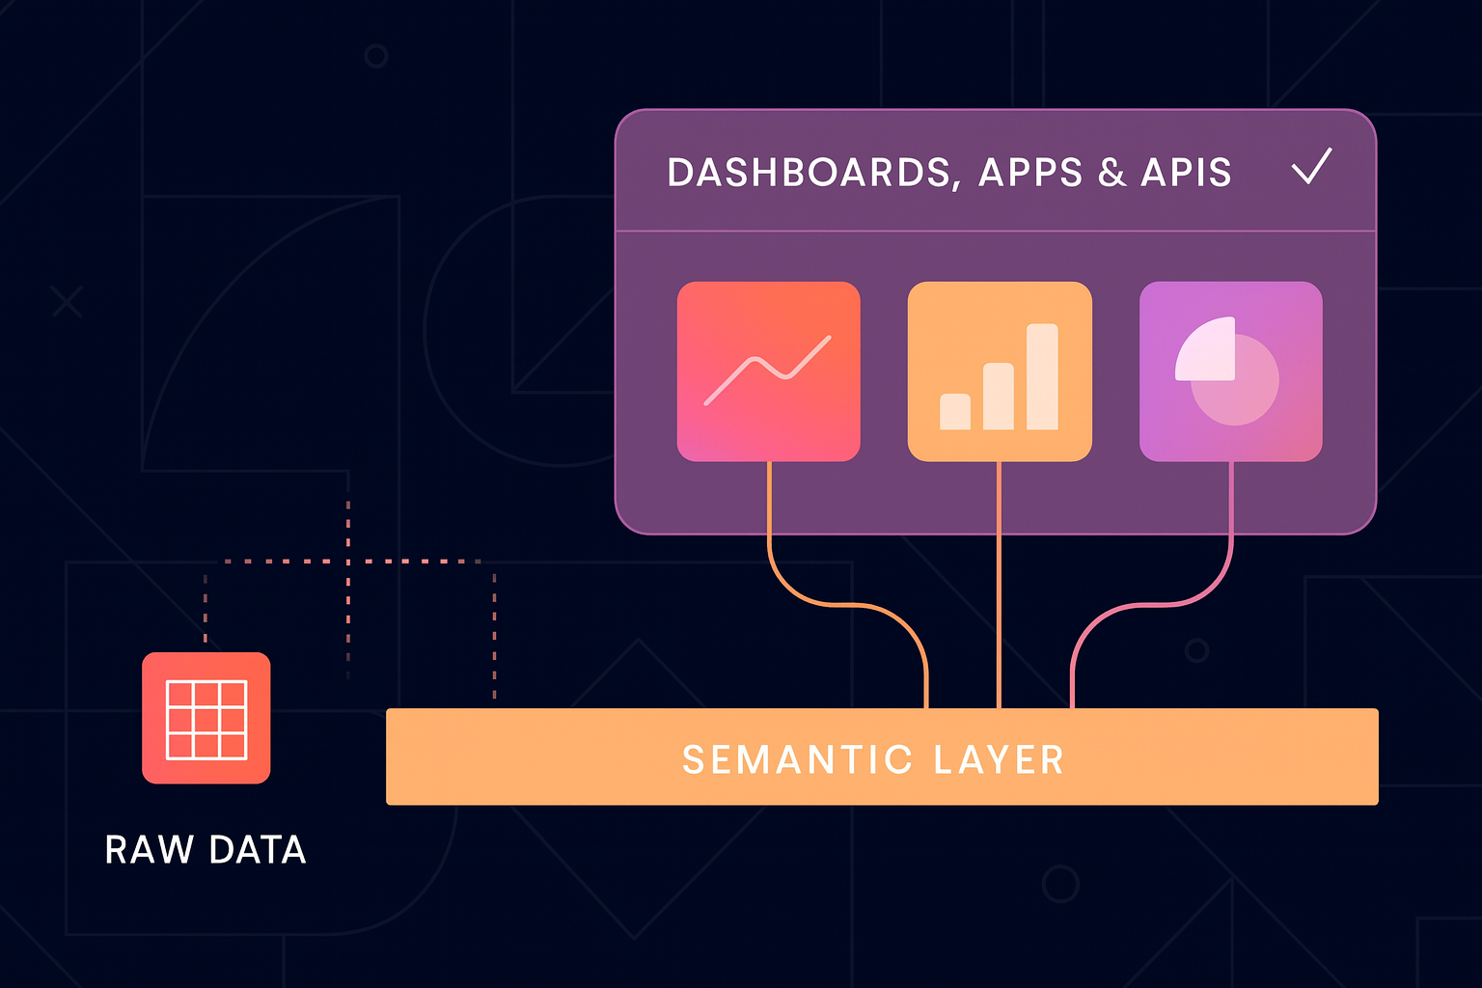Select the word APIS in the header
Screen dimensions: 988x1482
1186,173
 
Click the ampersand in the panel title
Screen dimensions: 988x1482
1111,173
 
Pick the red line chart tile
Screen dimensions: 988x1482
768,371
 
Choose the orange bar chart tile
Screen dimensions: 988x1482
1000,371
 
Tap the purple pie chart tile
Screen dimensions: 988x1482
1230,371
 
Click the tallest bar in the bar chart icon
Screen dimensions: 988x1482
1042,376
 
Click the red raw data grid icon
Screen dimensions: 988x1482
206,718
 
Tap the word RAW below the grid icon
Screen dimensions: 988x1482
149,850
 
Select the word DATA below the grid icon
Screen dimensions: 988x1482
257,850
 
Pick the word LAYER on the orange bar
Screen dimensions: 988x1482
999,759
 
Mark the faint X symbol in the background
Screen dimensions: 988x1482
67,302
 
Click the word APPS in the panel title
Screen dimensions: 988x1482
1030,173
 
